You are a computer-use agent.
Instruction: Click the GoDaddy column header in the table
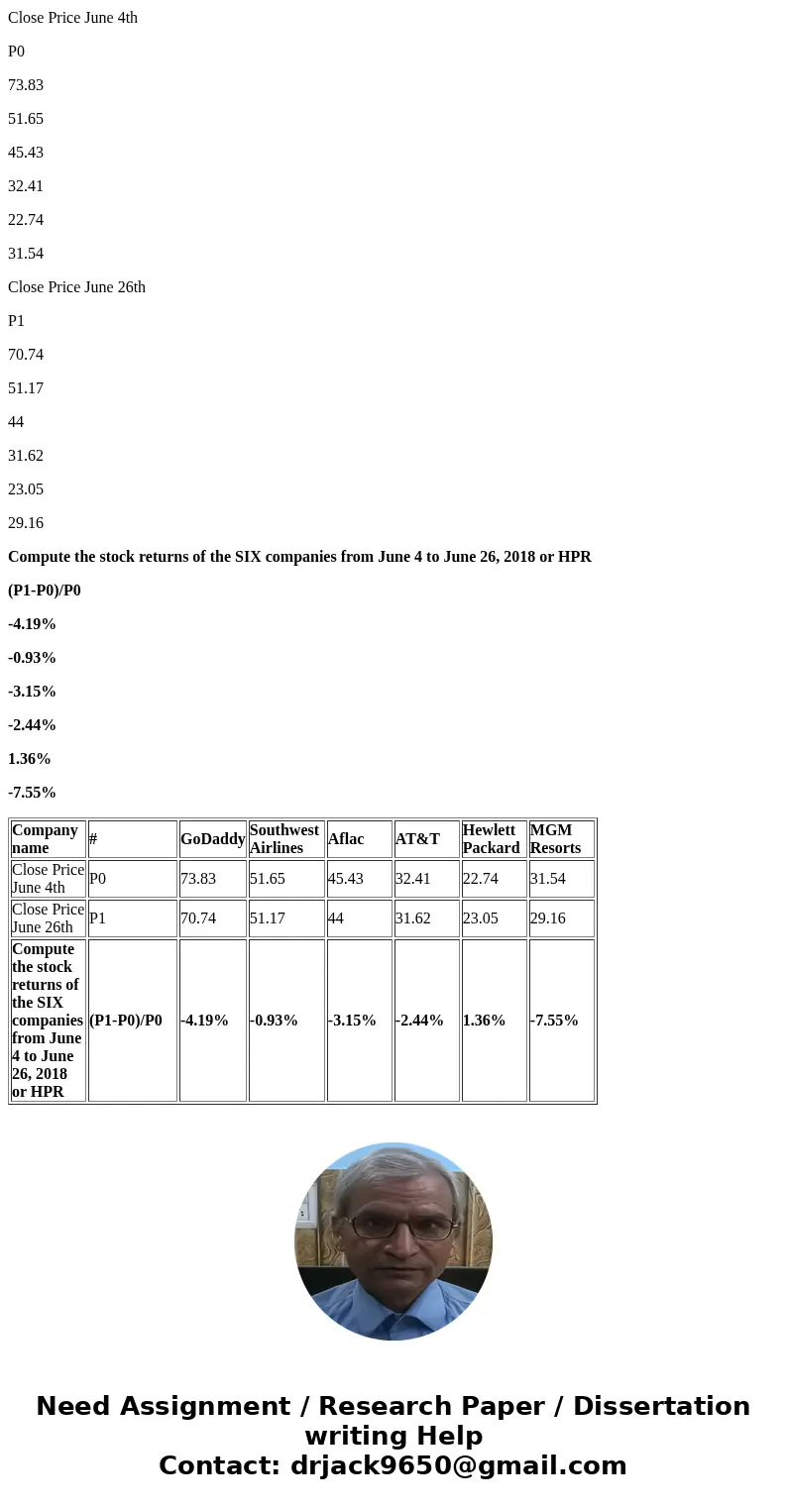tap(212, 839)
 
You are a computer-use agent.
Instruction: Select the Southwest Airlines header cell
tap(284, 839)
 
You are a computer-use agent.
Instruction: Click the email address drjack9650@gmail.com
tap(458, 1466)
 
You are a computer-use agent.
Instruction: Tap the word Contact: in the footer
tap(219, 1466)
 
